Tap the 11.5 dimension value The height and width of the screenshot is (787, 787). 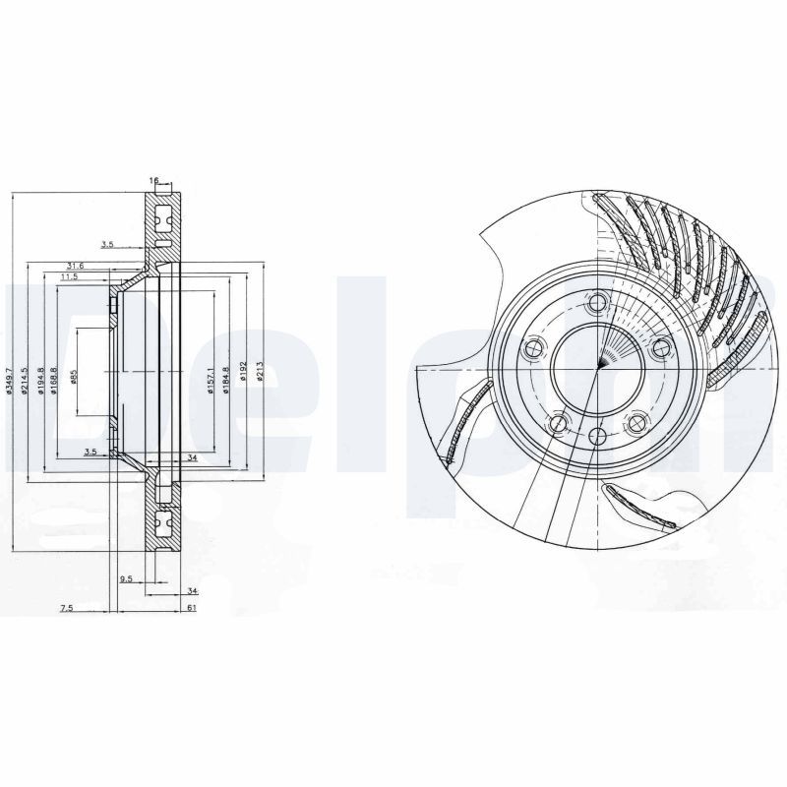[x=69, y=277]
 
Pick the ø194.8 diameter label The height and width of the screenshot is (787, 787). [x=41, y=378]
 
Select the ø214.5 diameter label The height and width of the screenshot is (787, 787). [x=26, y=378]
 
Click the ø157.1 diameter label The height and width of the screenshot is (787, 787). [x=211, y=379]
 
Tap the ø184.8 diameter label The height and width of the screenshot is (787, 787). [x=225, y=379]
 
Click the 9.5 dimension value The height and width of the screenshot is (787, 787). [x=126, y=579]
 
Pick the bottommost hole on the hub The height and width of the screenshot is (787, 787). [x=599, y=438]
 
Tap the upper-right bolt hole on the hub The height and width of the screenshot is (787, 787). [x=660, y=346]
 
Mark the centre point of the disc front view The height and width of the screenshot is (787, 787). [x=598, y=369]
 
